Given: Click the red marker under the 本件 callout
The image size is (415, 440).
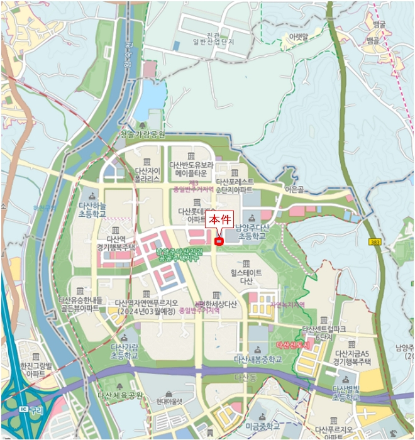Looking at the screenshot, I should [219, 241].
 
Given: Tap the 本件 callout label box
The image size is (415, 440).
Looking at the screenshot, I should [221, 221].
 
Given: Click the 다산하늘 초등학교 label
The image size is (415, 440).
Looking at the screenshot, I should [92, 209].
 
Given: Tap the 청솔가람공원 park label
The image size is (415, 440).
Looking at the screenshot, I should [142, 135].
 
